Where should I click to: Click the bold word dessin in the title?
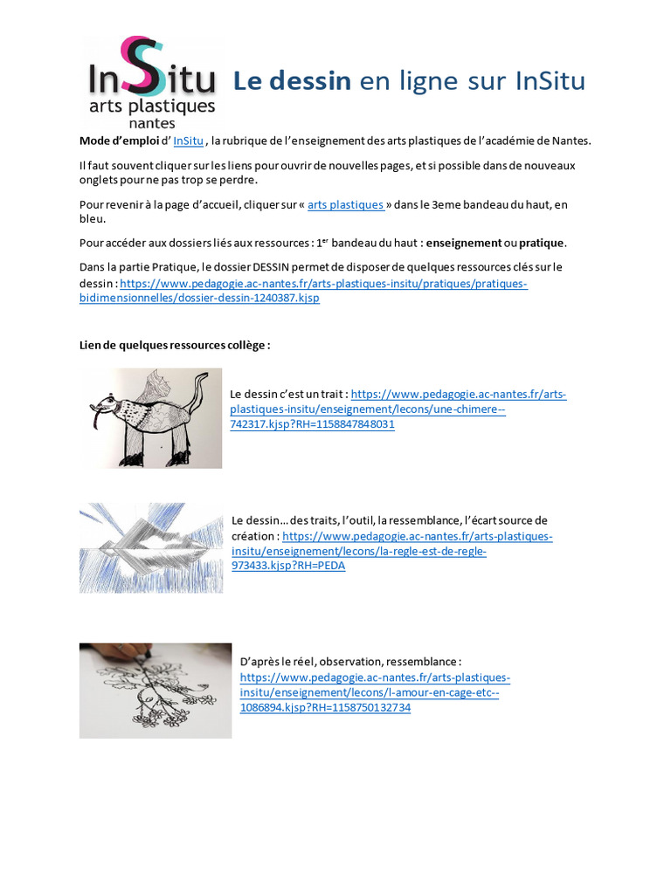[x=309, y=81]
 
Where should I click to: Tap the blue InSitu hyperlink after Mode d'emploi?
[x=189, y=141]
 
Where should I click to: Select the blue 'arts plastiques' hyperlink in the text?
[x=346, y=204]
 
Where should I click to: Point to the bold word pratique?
[x=542, y=242]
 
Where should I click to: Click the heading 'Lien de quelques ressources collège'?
[x=175, y=345]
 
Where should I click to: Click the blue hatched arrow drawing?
[x=150, y=547]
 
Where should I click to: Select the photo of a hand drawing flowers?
[x=156, y=691]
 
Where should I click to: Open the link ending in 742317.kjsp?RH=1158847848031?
[x=312, y=424]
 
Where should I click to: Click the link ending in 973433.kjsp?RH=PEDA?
[x=288, y=565]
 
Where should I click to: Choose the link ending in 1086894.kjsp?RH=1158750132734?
[x=325, y=707]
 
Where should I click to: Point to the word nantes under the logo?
[x=151, y=124]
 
